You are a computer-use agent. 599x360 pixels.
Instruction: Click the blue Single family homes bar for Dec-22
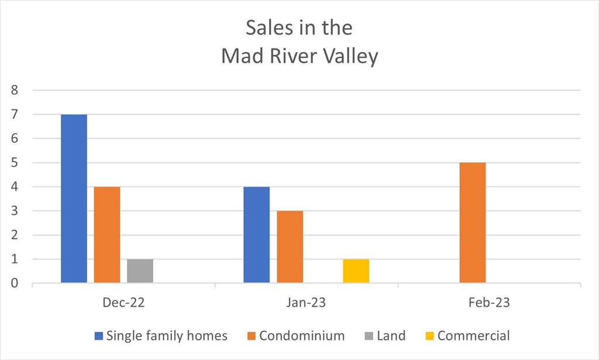click(74, 199)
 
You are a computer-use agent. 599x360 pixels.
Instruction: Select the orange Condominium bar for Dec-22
click(107, 235)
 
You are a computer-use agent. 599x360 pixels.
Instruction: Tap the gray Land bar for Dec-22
click(140, 271)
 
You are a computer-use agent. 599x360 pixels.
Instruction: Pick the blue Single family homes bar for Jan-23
click(256, 235)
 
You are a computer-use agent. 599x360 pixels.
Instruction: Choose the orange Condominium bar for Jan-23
click(290, 247)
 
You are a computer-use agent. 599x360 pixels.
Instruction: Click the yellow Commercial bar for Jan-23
click(356, 271)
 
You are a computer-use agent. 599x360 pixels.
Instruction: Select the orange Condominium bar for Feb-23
click(473, 223)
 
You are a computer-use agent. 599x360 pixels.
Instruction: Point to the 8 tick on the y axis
click(15, 91)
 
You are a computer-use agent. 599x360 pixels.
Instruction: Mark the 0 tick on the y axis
click(15, 283)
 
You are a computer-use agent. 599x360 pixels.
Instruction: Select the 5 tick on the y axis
click(15, 163)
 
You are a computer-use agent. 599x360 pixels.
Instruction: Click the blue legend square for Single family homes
click(99, 336)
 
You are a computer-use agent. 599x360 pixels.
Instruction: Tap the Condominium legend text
click(302, 335)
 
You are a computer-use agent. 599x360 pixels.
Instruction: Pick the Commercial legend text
click(473, 335)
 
